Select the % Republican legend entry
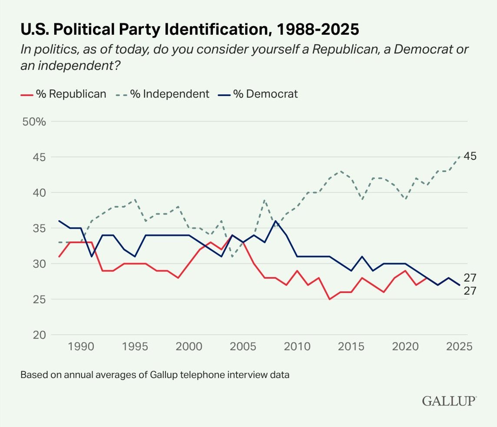63,94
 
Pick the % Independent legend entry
163,94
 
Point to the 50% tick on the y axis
34,121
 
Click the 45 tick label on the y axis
39,157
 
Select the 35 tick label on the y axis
39,228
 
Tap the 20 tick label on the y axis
39,335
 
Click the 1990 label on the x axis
81,347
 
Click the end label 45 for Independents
470,156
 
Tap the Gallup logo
449,401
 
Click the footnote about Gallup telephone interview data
155,374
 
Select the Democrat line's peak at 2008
275,221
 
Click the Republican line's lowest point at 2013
329,299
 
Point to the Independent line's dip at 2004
232,256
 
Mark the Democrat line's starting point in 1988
59,221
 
